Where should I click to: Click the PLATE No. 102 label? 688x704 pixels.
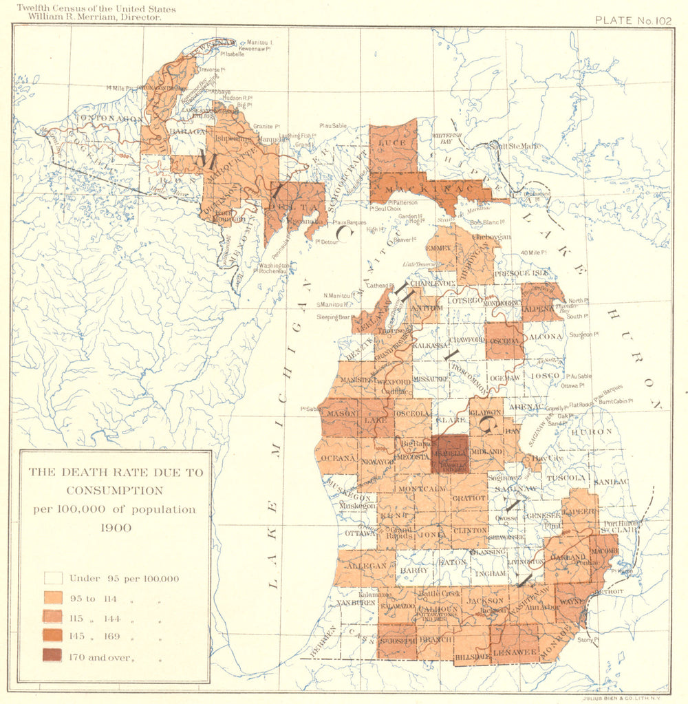pos(633,20)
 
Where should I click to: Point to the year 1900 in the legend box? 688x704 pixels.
pos(115,528)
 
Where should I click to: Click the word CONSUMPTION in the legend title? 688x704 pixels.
pos(115,491)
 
